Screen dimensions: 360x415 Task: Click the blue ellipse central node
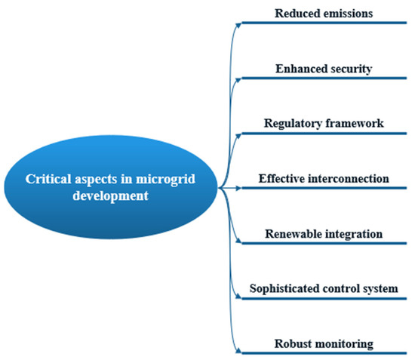(111, 186)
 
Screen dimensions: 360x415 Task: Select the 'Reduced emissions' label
(324, 13)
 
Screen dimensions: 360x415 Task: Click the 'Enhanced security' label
(324, 69)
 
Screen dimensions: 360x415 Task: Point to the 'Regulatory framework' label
(324, 123)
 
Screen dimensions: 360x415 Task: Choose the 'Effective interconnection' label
(324, 179)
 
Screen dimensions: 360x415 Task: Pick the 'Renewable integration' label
(324, 234)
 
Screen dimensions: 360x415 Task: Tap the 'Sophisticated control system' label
(324, 289)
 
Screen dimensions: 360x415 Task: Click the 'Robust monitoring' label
(324, 344)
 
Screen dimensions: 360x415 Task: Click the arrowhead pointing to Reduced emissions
(241, 23)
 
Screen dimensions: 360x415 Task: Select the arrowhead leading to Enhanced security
(241, 78)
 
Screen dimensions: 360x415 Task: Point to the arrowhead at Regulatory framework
(241, 133)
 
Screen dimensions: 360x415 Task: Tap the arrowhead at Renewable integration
(241, 242)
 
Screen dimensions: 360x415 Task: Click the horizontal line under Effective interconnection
(324, 188)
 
